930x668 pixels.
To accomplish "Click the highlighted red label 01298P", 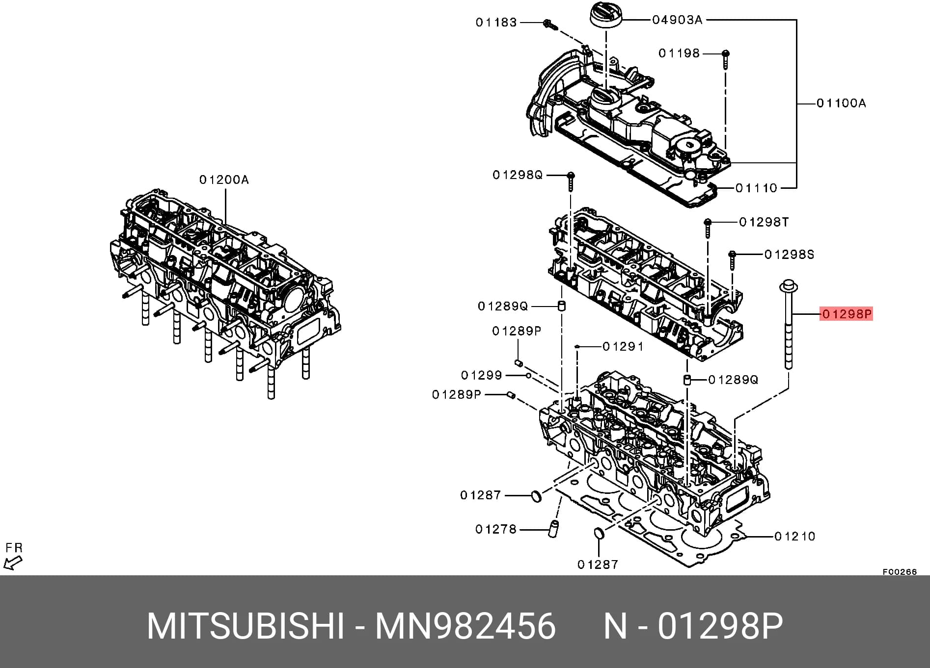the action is [846, 314].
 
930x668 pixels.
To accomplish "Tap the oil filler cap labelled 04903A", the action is [606, 18].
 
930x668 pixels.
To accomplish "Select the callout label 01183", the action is [496, 23].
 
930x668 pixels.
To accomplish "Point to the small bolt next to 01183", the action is [549, 25].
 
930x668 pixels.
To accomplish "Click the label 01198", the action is [679, 53].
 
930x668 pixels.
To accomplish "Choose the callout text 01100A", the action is [841, 103].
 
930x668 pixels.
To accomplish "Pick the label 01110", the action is [756, 188].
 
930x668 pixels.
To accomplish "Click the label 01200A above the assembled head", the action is [224, 180].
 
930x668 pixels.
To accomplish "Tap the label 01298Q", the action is [518, 175].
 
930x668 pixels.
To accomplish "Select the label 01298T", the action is [764, 222].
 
